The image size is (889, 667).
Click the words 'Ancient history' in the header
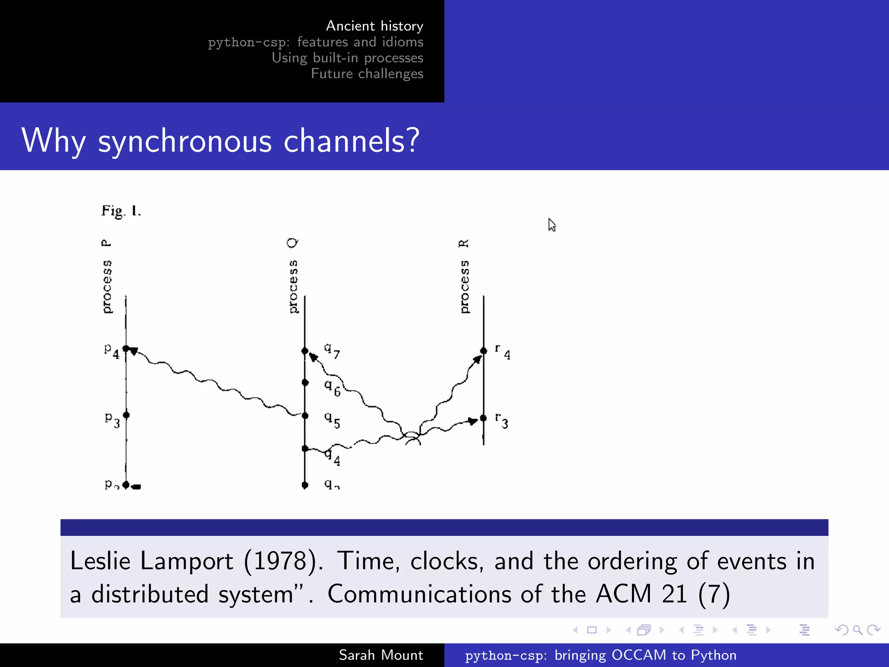pos(374,26)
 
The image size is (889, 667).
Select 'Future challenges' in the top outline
pos(367,74)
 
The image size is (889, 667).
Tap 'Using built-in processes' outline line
pos(347,58)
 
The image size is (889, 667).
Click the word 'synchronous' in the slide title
pos(185,141)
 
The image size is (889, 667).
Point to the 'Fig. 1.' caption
pos(121,211)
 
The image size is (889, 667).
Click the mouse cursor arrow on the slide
pos(551,225)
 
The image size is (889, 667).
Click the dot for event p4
pos(126,348)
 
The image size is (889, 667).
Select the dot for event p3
pos(126,415)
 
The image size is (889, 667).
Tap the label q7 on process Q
pos(332,350)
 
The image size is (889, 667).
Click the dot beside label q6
pos(305,382)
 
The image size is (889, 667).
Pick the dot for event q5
pos(305,416)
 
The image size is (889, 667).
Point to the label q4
pos(333,457)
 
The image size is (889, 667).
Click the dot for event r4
pos(484,350)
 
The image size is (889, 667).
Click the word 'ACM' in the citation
pos(623,594)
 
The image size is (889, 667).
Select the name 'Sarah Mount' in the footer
pos(381,655)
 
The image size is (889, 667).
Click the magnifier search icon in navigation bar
pos(857,630)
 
